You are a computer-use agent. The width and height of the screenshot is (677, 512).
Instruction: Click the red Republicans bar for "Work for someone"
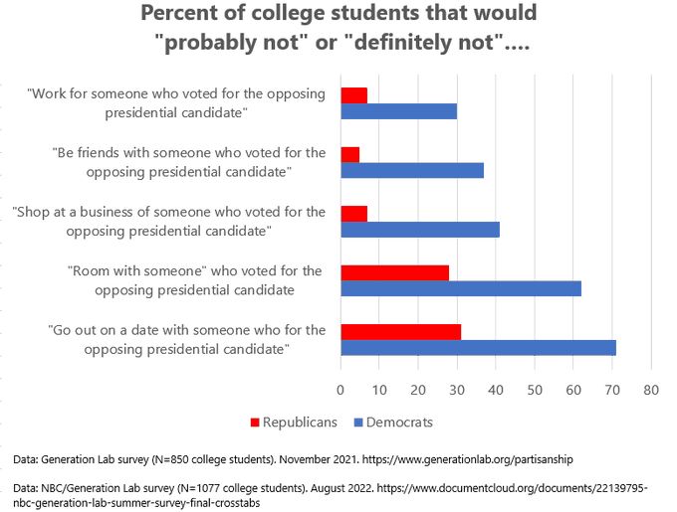pyautogui.click(x=353, y=95)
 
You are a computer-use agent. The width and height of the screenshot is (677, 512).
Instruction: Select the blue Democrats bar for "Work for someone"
pyautogui.click(x=398, y=111)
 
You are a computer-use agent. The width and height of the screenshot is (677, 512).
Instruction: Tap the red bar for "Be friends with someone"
pyautogui.click(x=349, y=154)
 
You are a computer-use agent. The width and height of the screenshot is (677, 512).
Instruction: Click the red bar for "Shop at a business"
pyautogui.click(x=353, y=214)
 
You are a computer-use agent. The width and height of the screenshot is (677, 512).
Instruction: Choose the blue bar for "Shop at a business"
pyautogui.click(x=419, y=230)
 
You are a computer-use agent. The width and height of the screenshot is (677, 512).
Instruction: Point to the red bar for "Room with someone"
pyautogui.click(x=394, y=272)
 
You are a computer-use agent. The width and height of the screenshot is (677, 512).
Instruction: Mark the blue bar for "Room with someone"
pyautogui.click(x=460, y=288)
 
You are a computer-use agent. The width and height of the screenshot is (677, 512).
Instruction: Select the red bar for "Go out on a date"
pyautogui.click(x=400, y=331)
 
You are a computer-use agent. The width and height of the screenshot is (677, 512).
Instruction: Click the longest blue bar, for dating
pyautogui.click(x=478, y=347)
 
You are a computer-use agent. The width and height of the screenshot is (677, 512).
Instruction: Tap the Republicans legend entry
pyautogui.click(x=296, y=422)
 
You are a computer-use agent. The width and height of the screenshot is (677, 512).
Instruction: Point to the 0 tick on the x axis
pyautogui.click(x=340, y=390)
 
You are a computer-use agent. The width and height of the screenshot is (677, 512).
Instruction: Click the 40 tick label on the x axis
pyautogui.click(x=496, y=390)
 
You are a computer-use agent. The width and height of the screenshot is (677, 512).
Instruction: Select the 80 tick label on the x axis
pyautogui.click(x=650, y=390)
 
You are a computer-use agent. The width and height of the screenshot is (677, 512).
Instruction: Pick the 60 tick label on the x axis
pyautogui.click(x=573, y=390)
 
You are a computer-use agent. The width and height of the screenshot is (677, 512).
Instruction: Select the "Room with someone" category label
pyautogui.click(x=193, y=270)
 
